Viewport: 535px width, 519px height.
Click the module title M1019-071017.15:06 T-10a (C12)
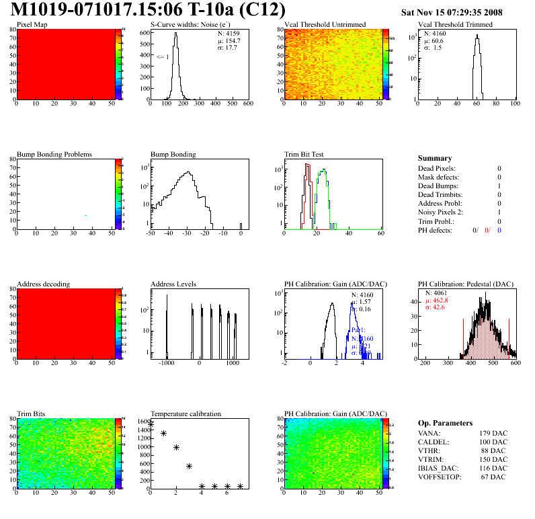click(x=149, y=10)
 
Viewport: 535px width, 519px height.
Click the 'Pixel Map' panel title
click(x=32, y=25)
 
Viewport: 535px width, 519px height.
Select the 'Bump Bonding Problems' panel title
click(x=54, y=154)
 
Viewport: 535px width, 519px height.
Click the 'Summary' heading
click(x=435, y=158)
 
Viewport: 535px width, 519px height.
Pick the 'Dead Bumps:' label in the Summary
click(x=439, y=186)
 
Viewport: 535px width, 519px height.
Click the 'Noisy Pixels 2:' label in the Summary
click(x=443, y=212)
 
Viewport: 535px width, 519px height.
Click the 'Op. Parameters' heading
click(x=445, y=423)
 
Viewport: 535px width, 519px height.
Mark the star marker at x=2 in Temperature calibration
click(x=176, y=447)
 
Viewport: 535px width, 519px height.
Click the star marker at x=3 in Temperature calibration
click(x=189, y=466)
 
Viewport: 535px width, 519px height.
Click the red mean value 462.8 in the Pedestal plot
click(x=436, y=301)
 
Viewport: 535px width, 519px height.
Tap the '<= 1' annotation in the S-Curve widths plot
click(x=163, y=57)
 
